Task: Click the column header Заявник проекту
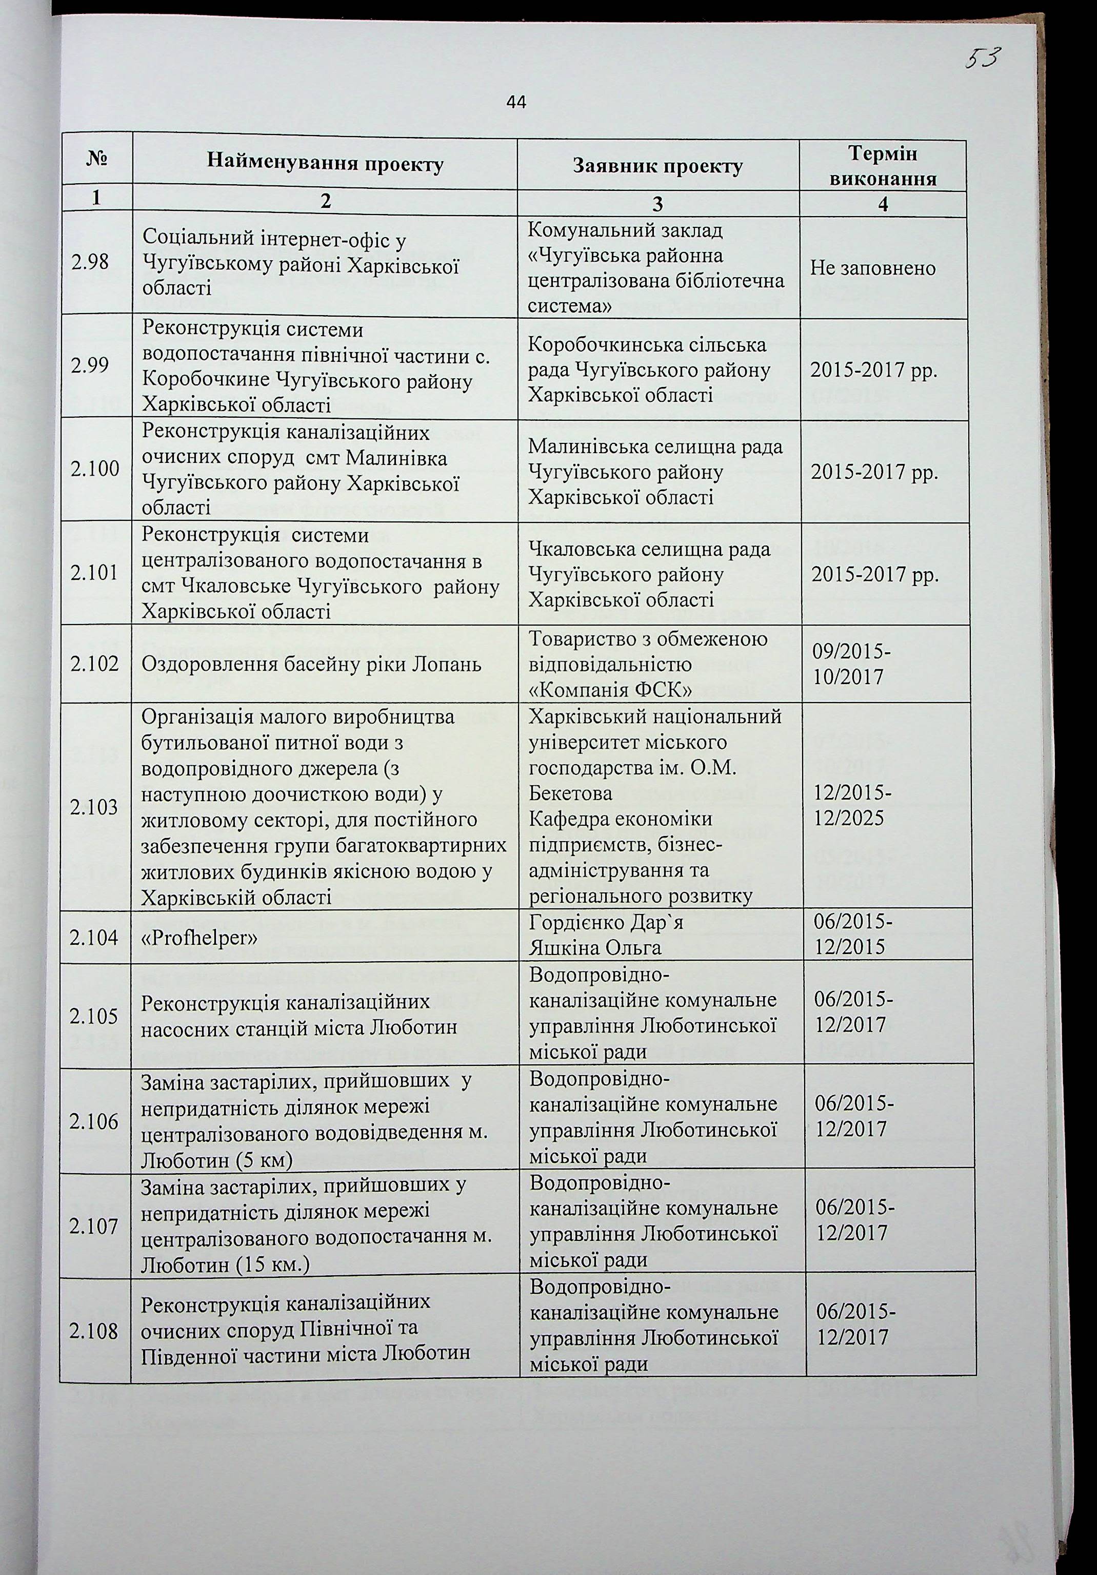[657, 167]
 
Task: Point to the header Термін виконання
[883, 167]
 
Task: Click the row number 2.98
[90, 262]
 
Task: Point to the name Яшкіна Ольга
[595, 949]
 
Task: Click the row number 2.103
[94, 807]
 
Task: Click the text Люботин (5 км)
[216, 1160]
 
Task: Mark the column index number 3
[657, 204]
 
